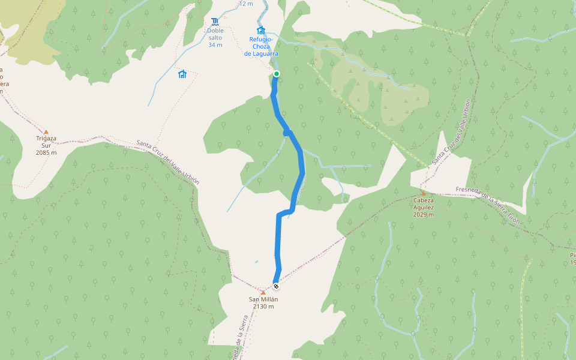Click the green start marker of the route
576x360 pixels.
277,74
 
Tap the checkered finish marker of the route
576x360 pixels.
276,286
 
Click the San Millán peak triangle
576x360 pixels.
263,293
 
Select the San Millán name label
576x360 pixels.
263,299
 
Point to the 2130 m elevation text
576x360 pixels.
263,307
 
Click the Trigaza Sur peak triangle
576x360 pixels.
46,131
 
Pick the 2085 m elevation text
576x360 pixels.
46,152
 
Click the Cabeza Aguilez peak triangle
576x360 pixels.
424,193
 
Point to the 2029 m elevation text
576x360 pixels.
424,214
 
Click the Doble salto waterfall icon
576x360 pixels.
215,22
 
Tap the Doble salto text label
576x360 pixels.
215,34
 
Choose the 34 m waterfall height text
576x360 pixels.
215,44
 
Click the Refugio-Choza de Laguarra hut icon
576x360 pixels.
260,31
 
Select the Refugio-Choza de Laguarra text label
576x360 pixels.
261,47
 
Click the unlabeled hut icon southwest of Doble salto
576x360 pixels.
182,74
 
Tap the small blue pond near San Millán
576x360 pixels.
256,262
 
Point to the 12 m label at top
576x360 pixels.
246,4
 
